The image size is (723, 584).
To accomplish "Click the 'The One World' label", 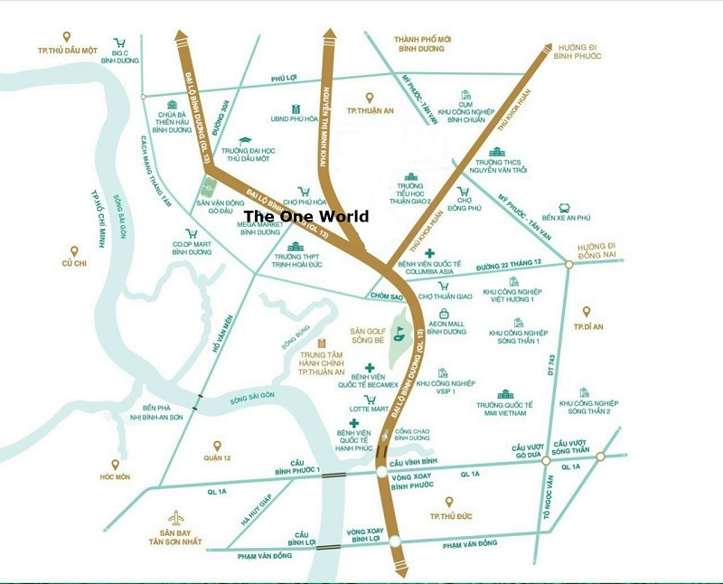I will (x=306, y=216).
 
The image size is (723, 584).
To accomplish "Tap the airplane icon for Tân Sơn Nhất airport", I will (x=177, y=519).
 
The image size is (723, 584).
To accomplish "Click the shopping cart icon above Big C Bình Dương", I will (x=119, y=42).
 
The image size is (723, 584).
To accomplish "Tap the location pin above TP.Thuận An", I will (x=369, y=98).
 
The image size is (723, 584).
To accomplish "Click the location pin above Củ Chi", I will (x=73, y=250).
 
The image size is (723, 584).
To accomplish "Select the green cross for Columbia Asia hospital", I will (x=430, y=252).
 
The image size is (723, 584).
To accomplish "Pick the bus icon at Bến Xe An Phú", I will (x=564, y=208).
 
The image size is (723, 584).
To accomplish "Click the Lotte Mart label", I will (x=369, y=410).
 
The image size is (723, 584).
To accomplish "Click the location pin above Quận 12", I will (x=217, y=445).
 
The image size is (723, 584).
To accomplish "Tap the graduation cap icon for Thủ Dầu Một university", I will (x=245, y=139).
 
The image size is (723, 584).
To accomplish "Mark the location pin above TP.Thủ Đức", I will (x=448, y=502).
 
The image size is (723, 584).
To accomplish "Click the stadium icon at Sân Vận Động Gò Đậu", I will (x=207, y=191).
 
